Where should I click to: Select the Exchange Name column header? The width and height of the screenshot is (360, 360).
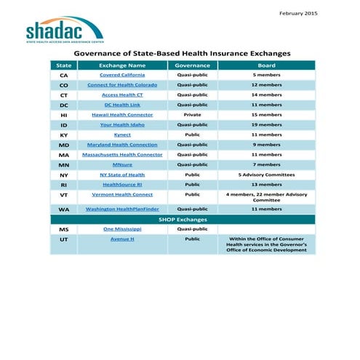tap(122, 65)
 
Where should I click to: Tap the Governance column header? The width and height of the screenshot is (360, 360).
tap(193, 65)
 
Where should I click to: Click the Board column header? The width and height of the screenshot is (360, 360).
tap(266, 65)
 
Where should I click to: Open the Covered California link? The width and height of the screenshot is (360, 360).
tap(122, 75)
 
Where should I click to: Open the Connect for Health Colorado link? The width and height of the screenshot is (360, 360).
tap(122, 85)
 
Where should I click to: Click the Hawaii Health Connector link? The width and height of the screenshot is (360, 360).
tap(122, 115)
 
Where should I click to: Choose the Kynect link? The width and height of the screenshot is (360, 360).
tap(122, 135)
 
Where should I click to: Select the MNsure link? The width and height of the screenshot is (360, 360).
tap(122, 164)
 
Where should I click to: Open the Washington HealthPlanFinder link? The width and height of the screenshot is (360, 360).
tap(122, 209)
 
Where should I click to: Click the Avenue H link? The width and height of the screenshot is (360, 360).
tap(122, 239)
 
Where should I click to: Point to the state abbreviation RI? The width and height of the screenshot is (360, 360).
tap(64, 185)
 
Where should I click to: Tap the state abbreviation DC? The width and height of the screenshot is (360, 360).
tap(64, 105)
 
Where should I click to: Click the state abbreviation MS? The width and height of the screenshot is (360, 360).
tap(64, 229)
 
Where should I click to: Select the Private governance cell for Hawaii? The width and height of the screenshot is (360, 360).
tap(193, 115)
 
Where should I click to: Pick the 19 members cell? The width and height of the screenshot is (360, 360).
tap(266, 124)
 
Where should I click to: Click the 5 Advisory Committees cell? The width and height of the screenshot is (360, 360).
tap(266, 175)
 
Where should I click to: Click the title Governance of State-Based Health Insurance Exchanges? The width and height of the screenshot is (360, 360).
tap(183, 53)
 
